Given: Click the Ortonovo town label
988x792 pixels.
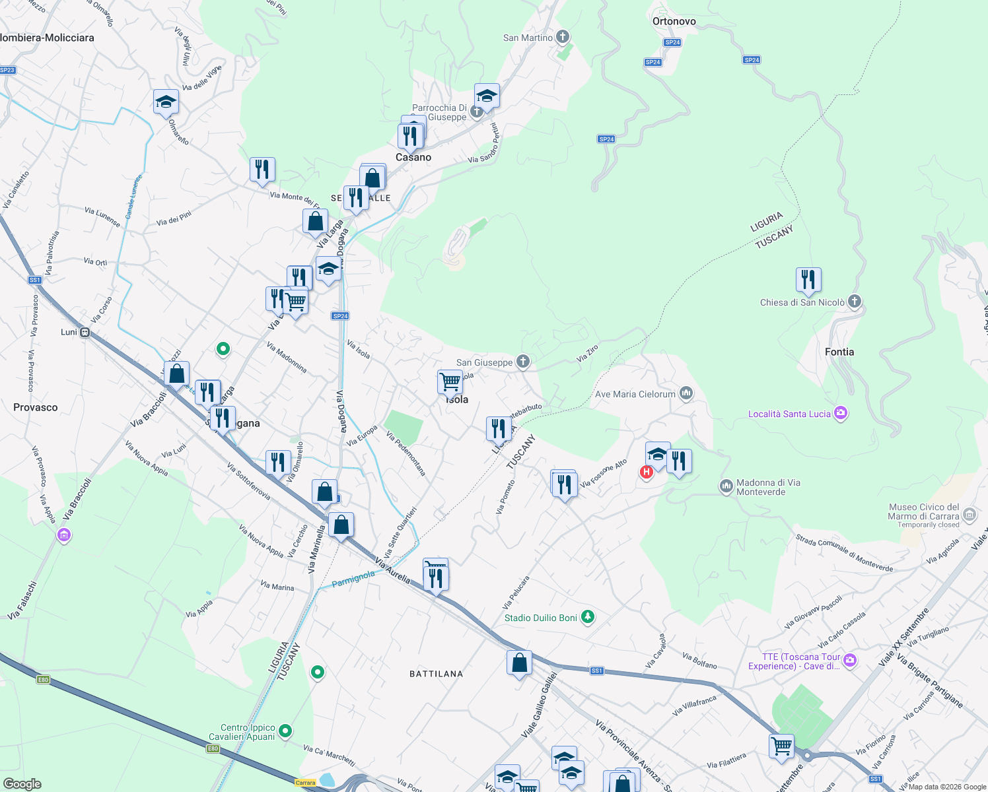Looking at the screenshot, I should point(674,21).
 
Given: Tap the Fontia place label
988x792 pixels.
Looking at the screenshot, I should point(839,352).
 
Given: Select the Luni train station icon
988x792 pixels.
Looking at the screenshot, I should point(85,332).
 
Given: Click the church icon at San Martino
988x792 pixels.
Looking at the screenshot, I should point(563,37).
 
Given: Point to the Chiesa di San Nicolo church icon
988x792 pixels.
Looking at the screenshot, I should point(855,302).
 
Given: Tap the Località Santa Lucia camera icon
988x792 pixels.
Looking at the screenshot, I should point(841,414).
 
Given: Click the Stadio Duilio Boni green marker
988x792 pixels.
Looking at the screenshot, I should point(587,617).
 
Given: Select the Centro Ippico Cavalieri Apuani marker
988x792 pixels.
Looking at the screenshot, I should point(285,731).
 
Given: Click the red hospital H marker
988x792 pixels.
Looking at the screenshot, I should point(646,472).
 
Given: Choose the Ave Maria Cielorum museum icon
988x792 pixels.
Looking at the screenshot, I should point(686,394).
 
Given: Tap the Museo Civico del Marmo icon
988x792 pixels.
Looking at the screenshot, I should point(970,514).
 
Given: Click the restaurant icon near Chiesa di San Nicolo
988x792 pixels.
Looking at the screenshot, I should point(808,279).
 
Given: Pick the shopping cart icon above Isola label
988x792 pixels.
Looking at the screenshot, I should point(450,381).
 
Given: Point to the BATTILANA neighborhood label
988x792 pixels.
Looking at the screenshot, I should point(436,674).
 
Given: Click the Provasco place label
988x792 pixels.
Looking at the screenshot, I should point(36,407).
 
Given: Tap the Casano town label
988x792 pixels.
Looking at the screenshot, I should point(413,157).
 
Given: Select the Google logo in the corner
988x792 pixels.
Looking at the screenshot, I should point(22,784).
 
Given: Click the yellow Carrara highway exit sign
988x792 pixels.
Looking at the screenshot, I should point(305,783).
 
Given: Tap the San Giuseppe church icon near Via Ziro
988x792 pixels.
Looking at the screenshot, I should point(523,361).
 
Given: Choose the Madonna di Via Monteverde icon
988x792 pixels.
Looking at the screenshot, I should point(726,486).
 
